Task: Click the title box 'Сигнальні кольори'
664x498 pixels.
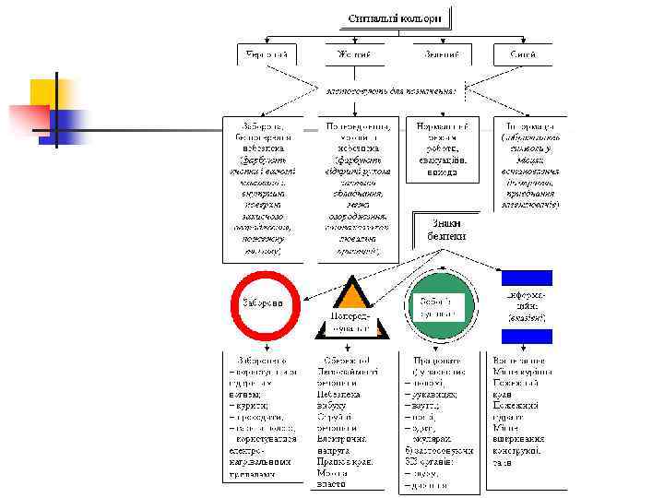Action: [x=394, y=18]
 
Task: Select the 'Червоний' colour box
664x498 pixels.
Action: [x=267, y=54]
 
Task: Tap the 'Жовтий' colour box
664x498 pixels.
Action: [x=354, y=54]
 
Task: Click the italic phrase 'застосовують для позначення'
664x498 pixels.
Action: [x=393, y=90]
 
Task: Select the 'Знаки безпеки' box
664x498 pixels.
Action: [x=446, y=230]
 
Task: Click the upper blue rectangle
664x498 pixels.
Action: [x=526, y=278]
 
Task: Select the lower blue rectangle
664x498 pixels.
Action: [x=526, y=336]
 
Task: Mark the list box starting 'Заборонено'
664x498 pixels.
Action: [x=267, y=415]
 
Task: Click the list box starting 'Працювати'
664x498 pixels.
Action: [x=439, y=421]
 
